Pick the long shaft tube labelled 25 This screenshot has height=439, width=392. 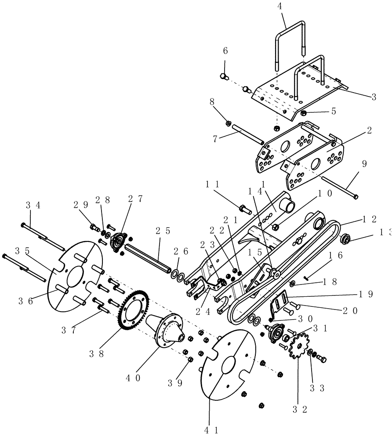click(147, 255)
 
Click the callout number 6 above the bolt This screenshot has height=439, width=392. click(225, 51)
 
